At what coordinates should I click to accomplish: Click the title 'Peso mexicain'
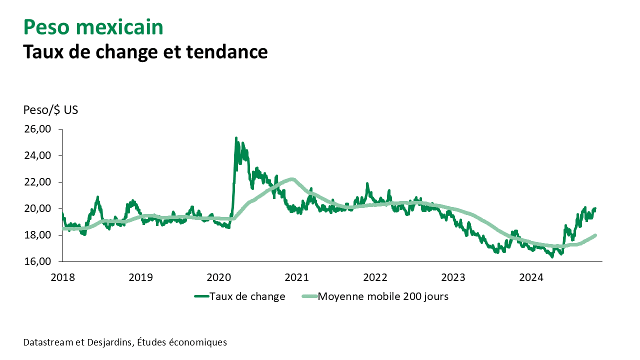coord(93,27)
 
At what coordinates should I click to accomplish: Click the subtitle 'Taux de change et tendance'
coord(145,51)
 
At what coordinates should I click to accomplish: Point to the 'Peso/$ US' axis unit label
coord(50,110)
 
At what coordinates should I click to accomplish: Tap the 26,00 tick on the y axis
coord(38,129)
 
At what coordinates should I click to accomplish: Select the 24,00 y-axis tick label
coord(38,155)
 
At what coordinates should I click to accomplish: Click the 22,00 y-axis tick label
coord(38,182)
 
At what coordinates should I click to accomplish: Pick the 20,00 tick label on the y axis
coord(38,208)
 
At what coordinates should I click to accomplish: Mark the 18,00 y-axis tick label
coord(38,235)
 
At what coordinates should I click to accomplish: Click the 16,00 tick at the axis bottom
coord(38,261)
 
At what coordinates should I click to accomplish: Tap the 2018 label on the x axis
coord(62,276)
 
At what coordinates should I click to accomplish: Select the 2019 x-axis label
coord(140,276)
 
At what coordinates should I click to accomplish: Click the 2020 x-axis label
coord(219,276)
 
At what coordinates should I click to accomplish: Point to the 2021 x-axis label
coord(297,276)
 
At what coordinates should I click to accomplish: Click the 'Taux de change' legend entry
coord(247,296)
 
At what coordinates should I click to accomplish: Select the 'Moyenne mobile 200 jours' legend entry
coord(383,296)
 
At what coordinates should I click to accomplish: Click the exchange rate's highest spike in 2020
coord(236,138)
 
